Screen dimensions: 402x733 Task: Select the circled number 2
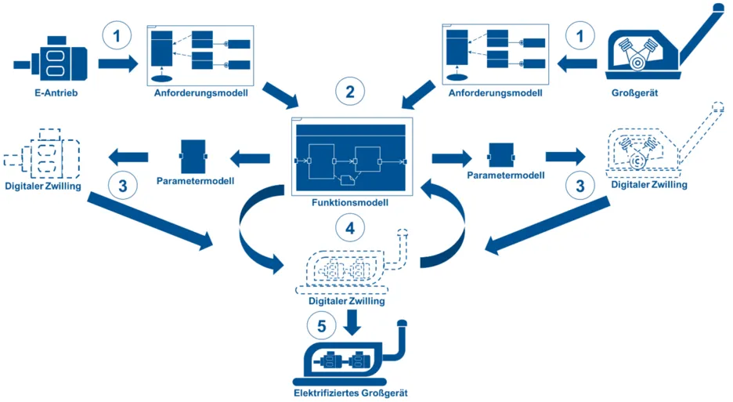(349, 91)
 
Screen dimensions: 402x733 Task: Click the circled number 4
(350, 228)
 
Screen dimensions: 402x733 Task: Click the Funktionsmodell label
(349, 202)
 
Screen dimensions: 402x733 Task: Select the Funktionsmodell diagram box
(349, 156)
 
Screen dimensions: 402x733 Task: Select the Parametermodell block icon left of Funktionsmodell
(192, 154)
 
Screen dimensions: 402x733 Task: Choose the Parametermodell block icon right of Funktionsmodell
(501, 155)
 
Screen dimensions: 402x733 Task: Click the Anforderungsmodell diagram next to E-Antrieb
(200, 55)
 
